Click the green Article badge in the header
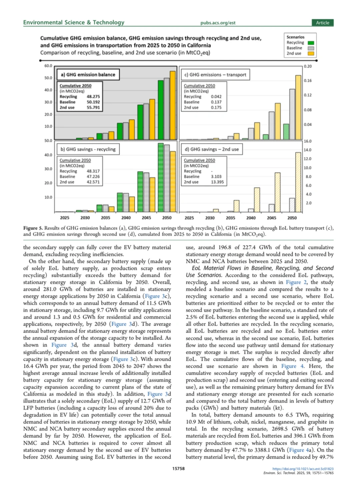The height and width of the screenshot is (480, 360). [x=322, y=23]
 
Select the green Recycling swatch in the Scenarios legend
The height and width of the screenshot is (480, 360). [x=311, y=43]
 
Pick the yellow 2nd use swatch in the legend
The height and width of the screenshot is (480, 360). [x=311, y=53]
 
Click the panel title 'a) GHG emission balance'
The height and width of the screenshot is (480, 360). [x=88, y=75]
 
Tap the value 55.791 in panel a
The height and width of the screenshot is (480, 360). [x=93, y=108]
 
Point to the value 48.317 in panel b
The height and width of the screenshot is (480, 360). [x=93, y=171]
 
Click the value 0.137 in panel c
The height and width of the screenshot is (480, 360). [x=216, y=102]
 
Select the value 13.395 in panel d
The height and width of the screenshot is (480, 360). [x=217, y=182]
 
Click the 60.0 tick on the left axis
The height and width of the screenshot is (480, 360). [x=48, y=66]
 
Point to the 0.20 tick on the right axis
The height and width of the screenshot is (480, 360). [x=308, y=66]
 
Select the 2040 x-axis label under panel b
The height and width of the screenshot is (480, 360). [x=126, y=218]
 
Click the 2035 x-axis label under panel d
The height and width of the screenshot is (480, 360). [x=230, y=218]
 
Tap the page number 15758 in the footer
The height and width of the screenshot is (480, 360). [x=178, y=468]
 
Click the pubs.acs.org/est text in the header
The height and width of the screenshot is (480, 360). [x=218, y=23]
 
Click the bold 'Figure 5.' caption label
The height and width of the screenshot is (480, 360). [x=33, y=228]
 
